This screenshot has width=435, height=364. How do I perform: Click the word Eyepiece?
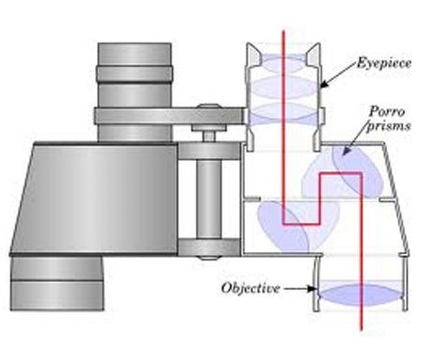point(384,63)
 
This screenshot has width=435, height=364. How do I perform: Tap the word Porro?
point(387,111)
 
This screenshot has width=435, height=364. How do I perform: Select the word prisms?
point(389,126)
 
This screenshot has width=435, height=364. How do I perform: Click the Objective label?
point(250,288)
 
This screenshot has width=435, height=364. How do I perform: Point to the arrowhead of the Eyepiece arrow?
point(324,84)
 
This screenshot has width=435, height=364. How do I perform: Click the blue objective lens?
point(362,295)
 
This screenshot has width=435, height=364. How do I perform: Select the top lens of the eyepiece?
point(283,63)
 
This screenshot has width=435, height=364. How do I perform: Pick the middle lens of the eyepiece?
point(283,87)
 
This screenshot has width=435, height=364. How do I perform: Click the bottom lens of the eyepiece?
point(283,113)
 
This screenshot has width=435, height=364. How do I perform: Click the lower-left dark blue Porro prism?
point(282,227)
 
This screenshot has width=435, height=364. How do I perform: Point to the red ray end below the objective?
point(362,330)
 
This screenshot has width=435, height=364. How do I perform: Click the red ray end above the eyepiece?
point(283,31)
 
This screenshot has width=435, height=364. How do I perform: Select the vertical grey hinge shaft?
point(209,199)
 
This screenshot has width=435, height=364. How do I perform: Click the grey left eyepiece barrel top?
point(135,55)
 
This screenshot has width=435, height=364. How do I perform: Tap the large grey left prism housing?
point(94,198)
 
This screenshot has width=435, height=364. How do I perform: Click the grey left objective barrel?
point(56,283)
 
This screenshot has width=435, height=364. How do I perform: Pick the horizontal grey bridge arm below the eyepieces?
point(169,116)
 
